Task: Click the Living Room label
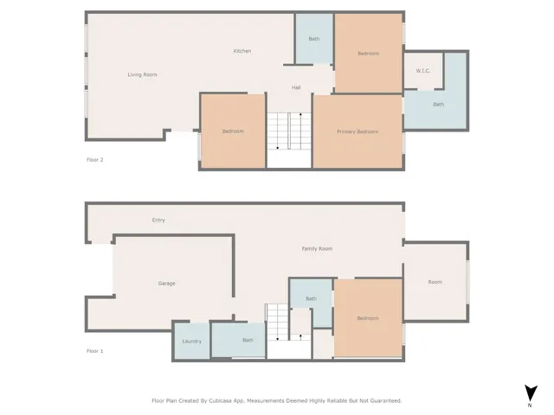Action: pos(142,75)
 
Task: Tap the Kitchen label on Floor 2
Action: pos(242,51)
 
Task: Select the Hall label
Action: pos(295,87)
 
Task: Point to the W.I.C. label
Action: pos(423,71)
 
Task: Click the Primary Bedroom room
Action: pos(357,131)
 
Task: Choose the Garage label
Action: pos(167,284)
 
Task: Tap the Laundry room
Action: pos(191,341)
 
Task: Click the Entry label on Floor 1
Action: pos(158,220)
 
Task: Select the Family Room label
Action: pos(317,249)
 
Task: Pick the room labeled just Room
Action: pos(435,282)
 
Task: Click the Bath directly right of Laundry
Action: pos(248,340)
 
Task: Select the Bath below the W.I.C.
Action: pos(438,105)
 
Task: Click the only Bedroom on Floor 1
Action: pos(368,318)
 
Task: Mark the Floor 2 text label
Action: pos(95,159)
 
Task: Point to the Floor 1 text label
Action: pos(95,351)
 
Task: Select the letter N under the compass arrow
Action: pos(529,405)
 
